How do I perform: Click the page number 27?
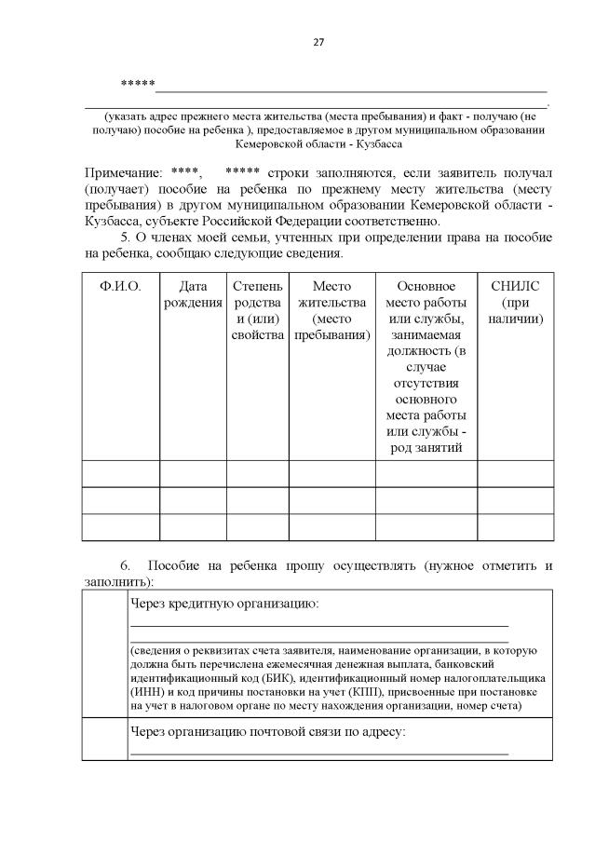tap(317, 42)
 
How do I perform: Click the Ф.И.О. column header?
tap(120, 286)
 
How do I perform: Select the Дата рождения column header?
tap(193, 293)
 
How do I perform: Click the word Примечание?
tap(120, 173)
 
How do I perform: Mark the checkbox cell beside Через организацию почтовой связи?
tap(103, 739)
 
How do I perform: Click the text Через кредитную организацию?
tap(224, 604)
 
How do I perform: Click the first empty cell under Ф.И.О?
tap(120, 473)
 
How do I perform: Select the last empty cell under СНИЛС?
tap(515, 526)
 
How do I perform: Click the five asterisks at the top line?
tap(137, 85)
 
